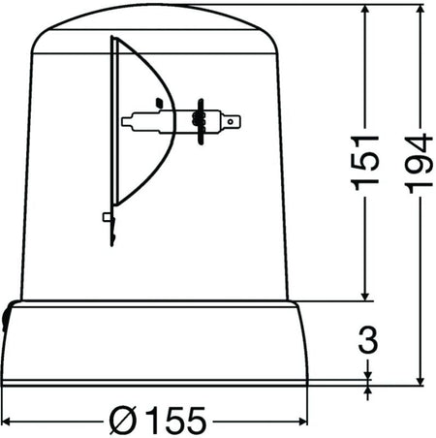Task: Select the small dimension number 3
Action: (367, 341)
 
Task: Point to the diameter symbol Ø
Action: (122, 420)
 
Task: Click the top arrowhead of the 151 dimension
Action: (366, 11)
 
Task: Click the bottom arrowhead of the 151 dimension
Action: (366, 296)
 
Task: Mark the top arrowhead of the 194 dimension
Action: (420, 11)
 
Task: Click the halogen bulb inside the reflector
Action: (155, 121)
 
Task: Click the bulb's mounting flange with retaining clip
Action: (200, 120)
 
